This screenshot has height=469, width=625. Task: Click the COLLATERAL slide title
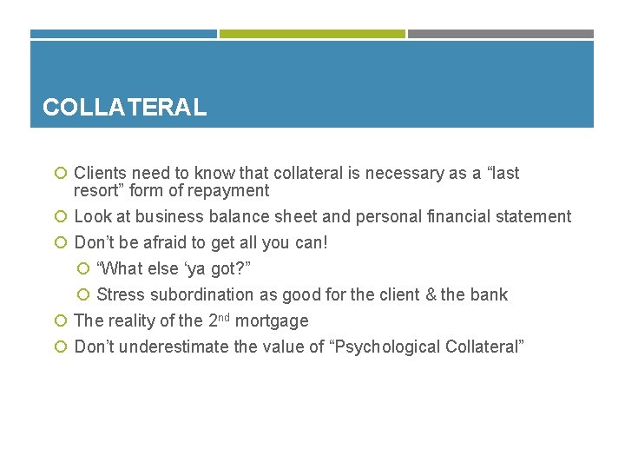[124, 108]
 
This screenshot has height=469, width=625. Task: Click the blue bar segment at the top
[123, 34]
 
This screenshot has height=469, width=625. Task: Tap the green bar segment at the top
[312, 34]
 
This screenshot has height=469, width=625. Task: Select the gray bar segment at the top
[501, 34]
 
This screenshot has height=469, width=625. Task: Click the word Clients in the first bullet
[100, 174]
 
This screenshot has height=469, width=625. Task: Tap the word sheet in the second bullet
[319, 217]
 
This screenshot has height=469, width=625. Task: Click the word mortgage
[272, 321]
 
